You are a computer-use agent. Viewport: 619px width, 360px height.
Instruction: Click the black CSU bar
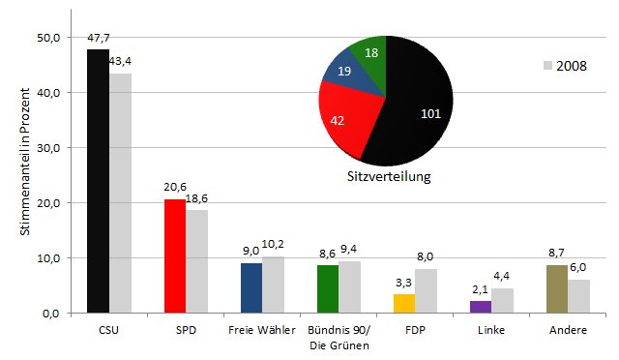tap(98, 181)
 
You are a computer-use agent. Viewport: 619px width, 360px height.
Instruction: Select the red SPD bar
tap(174, 255)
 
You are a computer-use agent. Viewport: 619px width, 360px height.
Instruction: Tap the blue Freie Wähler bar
tap(251, 287)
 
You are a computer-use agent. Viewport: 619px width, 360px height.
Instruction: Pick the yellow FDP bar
tap(404, 303)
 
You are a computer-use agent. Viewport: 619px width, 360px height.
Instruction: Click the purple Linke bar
tap(481, 307)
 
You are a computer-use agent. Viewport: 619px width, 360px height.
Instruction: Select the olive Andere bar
tap(557, 288)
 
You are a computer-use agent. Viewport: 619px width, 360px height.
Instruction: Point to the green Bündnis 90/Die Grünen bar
tap(328, 288)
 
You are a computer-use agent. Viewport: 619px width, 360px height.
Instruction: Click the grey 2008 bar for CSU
tap(120, 193)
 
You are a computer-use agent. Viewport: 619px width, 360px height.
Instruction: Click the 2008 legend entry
tap(566, 66)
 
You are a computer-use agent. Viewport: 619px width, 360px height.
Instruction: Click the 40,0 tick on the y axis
tap(47, 93)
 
